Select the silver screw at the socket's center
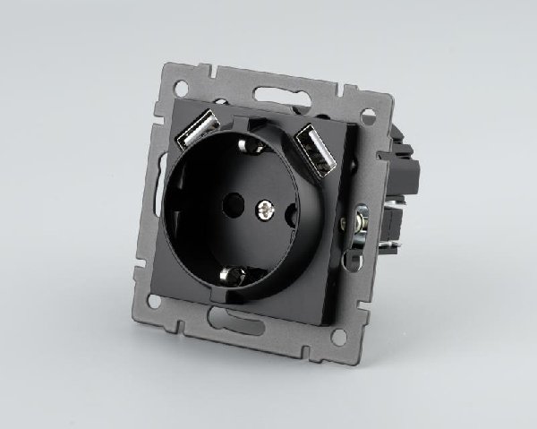click(x=264, y=211)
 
